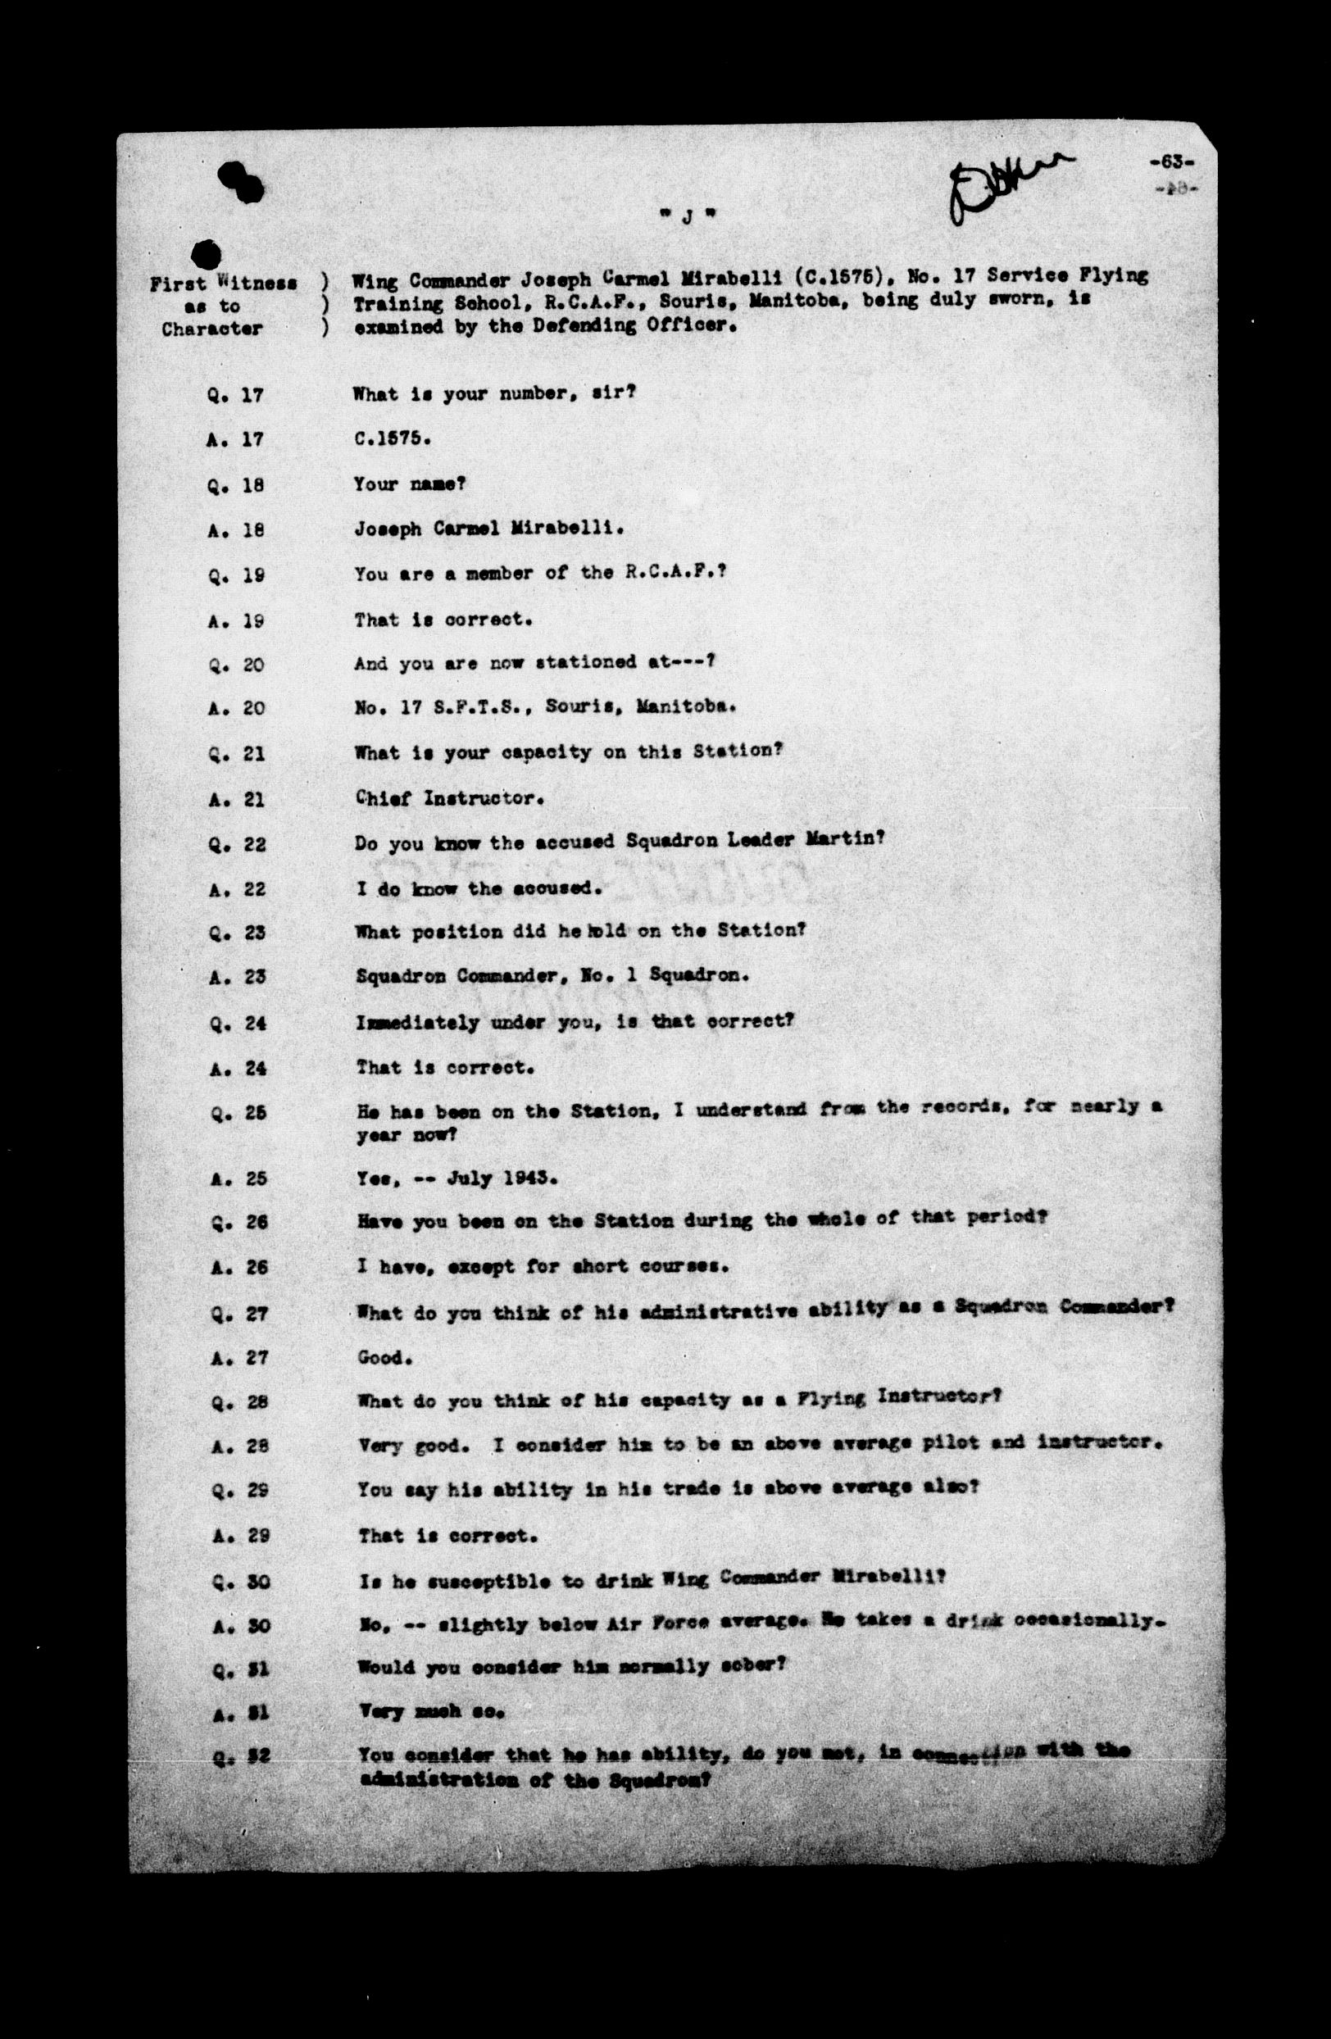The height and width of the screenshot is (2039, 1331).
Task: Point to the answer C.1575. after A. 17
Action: pos(392,438)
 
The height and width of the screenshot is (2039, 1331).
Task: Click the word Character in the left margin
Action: pos(211,329)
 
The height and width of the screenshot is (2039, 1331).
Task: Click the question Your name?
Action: pos(408,484)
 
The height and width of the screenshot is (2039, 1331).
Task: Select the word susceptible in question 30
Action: pos(482,1578)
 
